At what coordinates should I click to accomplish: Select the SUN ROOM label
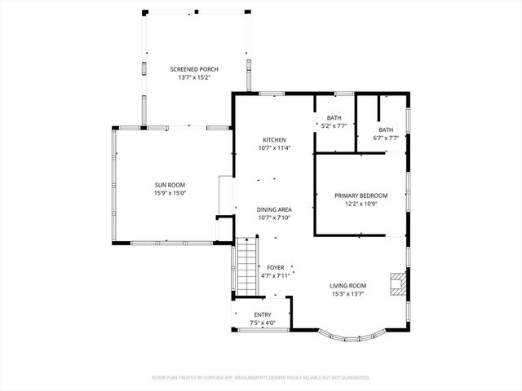coord(170,185)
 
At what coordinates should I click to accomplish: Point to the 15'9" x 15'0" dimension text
coord(170,193)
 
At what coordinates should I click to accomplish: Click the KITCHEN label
coord(274,139)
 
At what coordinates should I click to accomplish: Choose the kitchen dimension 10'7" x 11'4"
coord(274,148)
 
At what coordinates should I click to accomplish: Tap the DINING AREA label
coord(274,209)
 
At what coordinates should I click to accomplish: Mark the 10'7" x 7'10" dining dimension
coord(274,217)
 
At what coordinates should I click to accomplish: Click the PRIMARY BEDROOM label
coord(361,195)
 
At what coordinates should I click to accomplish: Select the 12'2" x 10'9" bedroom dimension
coord(361,204)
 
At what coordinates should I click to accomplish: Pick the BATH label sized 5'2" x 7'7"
coord(334,118)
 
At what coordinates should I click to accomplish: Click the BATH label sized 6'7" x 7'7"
coord(386,130)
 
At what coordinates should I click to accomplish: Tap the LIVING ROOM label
coord(347,285)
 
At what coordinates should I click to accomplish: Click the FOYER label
coord(275,267)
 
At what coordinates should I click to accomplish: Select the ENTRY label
coord(263,314)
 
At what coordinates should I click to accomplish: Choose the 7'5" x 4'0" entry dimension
coord(263,323)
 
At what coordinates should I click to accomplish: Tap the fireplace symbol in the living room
coord(397,283)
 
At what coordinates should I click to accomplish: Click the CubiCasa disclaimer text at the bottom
coord(261,377)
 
